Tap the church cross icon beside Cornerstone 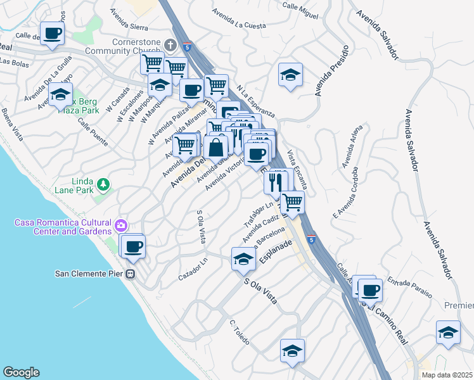point(170,45)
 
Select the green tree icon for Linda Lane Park point(102,184)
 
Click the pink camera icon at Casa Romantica point(120,225)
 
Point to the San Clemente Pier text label point(89,274)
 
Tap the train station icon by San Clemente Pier point(130,274)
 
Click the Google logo point(21,372)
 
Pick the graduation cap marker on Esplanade point(243,259)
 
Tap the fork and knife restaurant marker point(276,182)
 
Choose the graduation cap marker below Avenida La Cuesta point(290,75)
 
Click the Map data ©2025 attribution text point(445,375)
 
